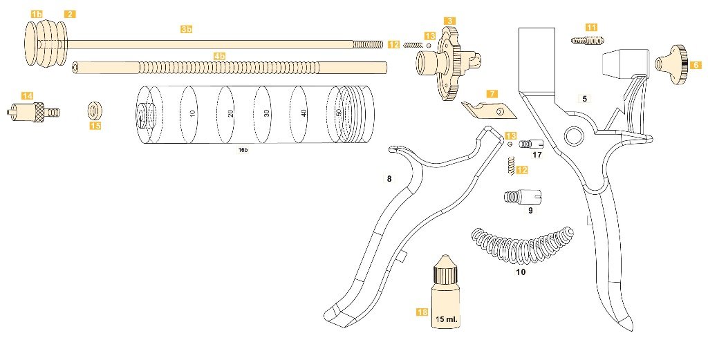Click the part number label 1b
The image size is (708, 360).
click(x=37, y=14)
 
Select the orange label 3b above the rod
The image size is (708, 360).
click(x=187, y=29)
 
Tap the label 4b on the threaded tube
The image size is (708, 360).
click(x=219, y=55)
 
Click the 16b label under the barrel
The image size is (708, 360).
click(x=243, y=149)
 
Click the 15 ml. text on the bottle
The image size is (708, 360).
click(x=447, y=320)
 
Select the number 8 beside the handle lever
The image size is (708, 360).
click(x=389, y=179)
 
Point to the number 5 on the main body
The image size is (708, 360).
click(x=584, y=99)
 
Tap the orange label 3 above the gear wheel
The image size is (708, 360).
click(x=449, y=21)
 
